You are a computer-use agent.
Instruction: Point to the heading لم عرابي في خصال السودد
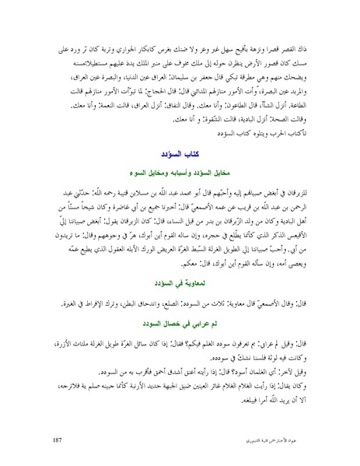(180, 321)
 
